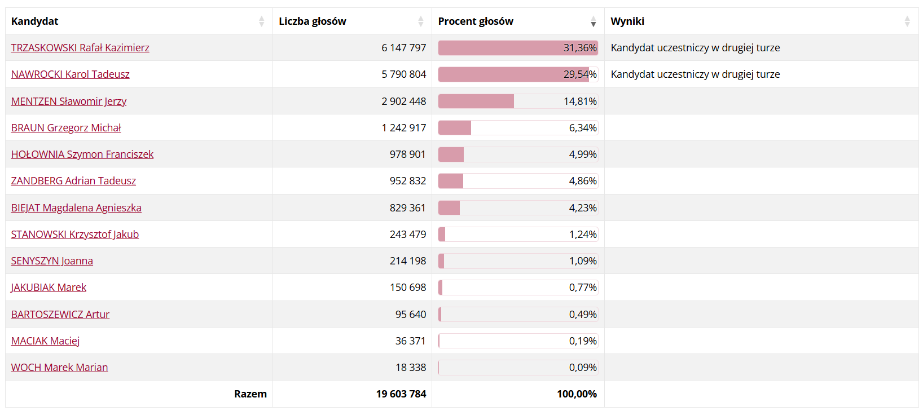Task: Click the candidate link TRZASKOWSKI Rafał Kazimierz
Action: (80, 48)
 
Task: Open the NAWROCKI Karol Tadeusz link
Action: (71, 74)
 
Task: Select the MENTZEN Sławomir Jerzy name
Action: (69, 101)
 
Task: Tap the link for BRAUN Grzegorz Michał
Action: (66, 128)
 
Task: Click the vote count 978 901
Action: (407, 154)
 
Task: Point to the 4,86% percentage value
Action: (582, 181)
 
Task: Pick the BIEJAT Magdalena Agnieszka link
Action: (76, 208)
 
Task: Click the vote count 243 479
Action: (407, 235)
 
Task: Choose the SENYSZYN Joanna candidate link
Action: (52, 261)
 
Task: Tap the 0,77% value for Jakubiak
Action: (582, 288)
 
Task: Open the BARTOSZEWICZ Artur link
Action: (60, 315)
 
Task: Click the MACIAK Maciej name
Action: (45, 341)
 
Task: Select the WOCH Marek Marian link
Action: (59, 368)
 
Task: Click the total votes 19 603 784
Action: (401, 394)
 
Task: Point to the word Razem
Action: (250, 394)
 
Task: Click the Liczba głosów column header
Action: (313, 21)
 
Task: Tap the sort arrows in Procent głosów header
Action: (593, 21)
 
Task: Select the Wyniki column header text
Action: (627, 21)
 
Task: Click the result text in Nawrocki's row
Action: (695, 74)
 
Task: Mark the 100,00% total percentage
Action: (577, 394)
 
